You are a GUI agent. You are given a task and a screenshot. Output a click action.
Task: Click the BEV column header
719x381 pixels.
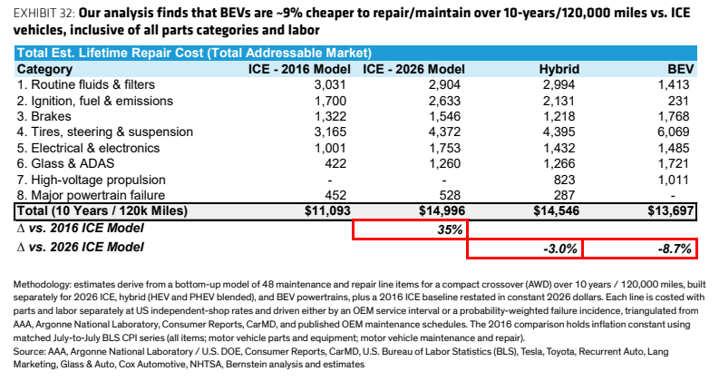click(x=681, y=69)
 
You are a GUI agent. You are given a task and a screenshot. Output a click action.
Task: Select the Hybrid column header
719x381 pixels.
click(x=559, y=69)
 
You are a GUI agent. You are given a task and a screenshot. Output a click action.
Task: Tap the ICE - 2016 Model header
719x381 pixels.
click(x=299, y=69)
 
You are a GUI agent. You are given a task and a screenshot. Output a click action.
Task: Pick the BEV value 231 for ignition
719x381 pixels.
click(x=678, y=101)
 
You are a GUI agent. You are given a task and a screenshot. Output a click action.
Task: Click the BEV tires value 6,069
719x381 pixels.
click(x=673, y=132)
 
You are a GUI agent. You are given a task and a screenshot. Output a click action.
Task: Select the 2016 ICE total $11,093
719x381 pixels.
click(x=327, y=210)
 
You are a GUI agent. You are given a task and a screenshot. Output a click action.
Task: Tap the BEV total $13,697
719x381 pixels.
click(x=671, y=210)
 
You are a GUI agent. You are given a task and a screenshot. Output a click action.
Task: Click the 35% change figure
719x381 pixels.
click(x=450, y=230)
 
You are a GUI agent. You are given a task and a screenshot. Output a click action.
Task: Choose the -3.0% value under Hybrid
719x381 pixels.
click(x=560, y=249)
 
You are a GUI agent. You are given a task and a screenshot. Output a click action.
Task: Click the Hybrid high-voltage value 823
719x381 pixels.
click(x=564, y=180)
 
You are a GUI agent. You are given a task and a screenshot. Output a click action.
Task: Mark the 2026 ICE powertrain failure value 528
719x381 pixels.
click(x=450, y=195)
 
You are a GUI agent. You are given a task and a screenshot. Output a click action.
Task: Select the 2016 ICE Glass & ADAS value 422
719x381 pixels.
click(x=335, y=163)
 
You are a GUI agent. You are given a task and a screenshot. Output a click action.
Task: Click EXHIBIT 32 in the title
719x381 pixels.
click(x=44, y=13)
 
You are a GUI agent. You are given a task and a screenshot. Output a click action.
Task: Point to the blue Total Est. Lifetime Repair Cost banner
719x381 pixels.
click(x=355, y=53)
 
